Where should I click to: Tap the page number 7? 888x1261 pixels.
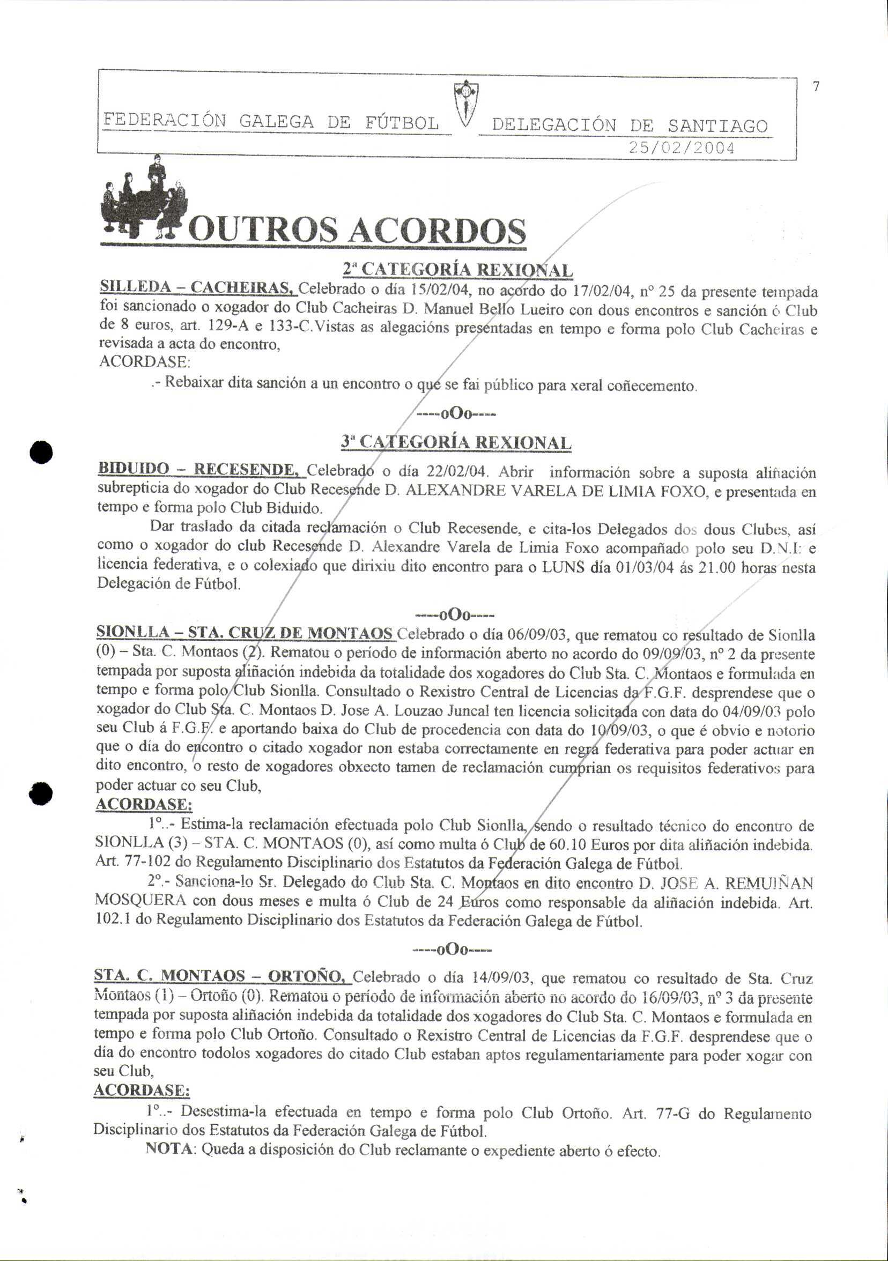(816, 86)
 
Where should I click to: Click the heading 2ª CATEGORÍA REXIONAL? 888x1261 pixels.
(457, 270)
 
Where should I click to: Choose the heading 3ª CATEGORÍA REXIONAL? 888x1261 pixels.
(456, 442)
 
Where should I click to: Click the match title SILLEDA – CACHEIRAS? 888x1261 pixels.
(198, 287)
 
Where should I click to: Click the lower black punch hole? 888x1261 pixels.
(41, 793)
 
